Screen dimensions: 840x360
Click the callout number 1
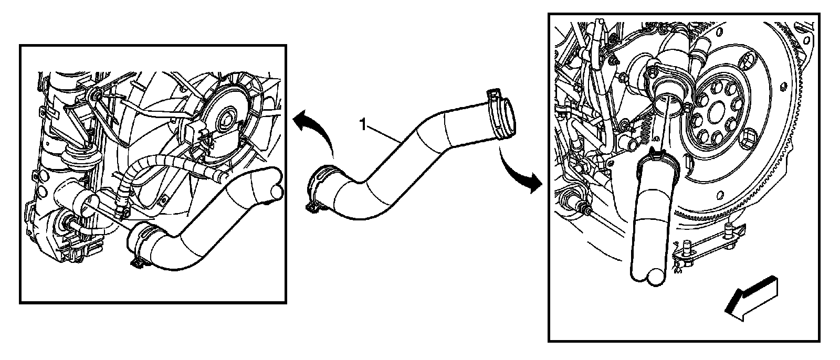coord(362,124)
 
